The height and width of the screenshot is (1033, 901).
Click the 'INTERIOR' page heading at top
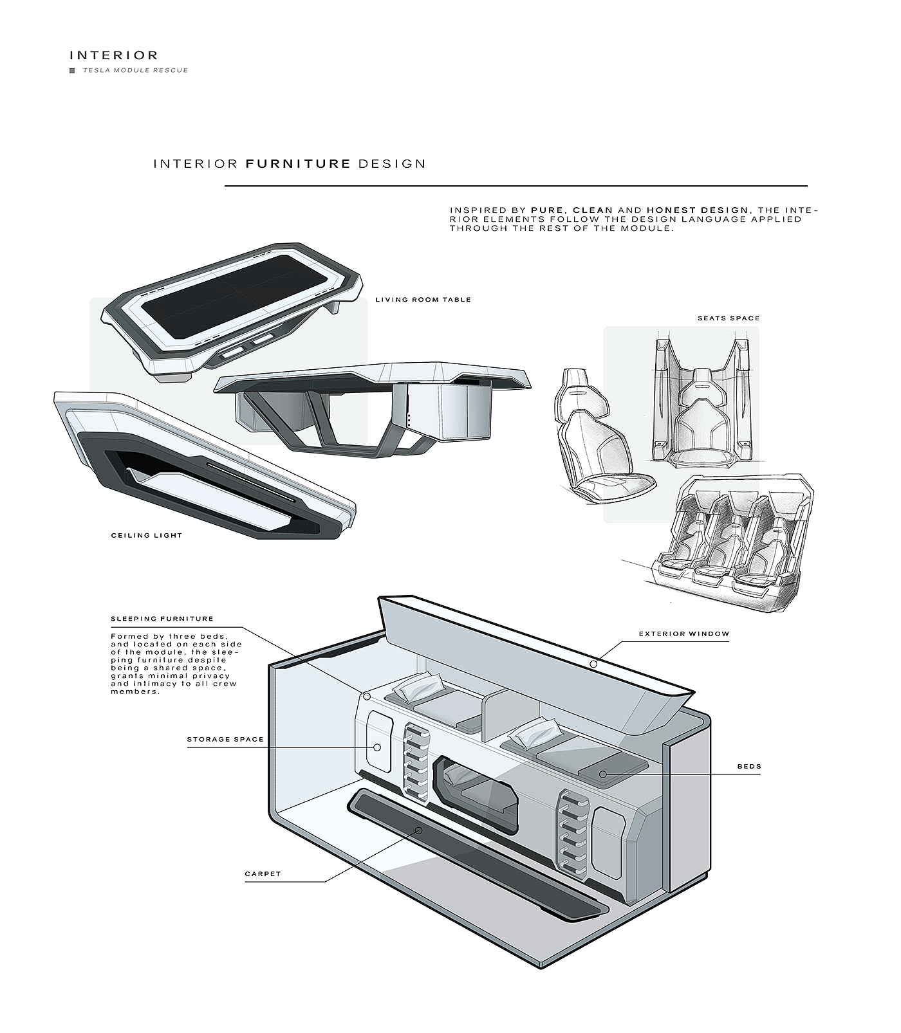pyautogui.click(x=113, y=55)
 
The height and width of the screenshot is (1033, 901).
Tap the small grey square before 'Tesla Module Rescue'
pyautogui.click(x=72, y=70)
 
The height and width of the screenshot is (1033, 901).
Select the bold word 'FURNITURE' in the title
pyautogui.click(x=298, y=163)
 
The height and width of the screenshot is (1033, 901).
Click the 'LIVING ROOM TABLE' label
pyautogui.click(x=423, y=300)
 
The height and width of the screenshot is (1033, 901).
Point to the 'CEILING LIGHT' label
pyautogui.click(x=147, y=535)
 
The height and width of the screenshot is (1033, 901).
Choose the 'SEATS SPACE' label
pyautogui.click(x=729, y=318)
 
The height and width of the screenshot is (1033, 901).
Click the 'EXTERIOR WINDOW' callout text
pyautogui.click(x=684, y=634)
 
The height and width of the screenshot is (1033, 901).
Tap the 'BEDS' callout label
pyautogui.click(x=749, y=767)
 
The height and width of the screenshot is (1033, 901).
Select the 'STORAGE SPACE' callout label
pyautogui.click(x=225, y=739)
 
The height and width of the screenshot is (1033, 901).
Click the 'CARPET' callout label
pyautogui.click(x=263, y=874)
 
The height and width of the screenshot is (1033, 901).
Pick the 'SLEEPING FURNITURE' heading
pyautogui.click(x=162, y=619)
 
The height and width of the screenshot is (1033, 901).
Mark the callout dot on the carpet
pyautogui.click(x=419, y=830)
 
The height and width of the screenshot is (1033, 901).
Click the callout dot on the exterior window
pyautogui.click(x=593, y=663)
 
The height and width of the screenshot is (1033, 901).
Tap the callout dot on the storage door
pyautogui.click(x=377, y=747)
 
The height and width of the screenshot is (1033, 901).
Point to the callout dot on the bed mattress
pyautogui.click(x=603, y=774)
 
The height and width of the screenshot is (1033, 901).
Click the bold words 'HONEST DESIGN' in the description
pyautogui.click(x=697, y=210)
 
